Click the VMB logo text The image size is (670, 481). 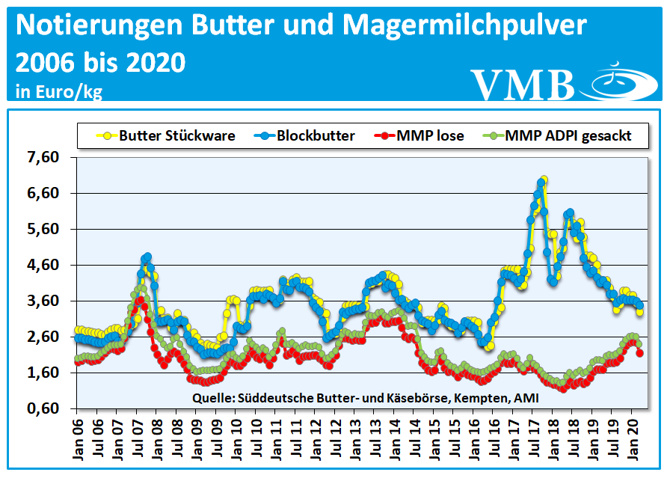(522, 84)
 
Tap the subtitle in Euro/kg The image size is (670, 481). (58, 92)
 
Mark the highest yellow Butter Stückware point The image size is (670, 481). (544, 180)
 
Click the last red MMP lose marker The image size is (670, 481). (639, 353)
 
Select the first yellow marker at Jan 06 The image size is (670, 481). (77, 330)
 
